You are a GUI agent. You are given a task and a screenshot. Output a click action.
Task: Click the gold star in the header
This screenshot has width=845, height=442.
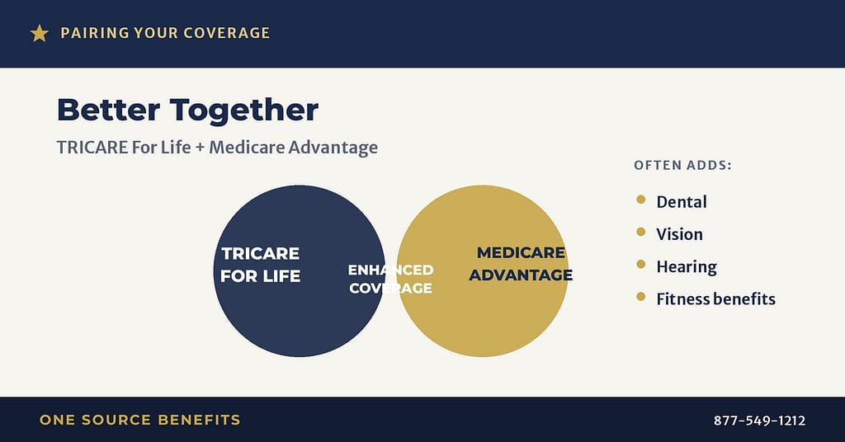[40, 33]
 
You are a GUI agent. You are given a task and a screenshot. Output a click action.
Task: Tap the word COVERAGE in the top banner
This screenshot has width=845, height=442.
[226, 33]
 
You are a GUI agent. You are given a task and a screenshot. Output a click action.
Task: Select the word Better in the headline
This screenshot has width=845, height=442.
[108, 110]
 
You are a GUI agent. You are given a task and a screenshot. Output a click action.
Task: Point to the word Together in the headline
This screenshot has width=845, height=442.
[244, 110]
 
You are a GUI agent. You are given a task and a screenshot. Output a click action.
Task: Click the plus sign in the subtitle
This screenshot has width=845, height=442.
[200, 148]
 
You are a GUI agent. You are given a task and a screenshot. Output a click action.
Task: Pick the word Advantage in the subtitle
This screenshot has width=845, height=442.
[333, 148]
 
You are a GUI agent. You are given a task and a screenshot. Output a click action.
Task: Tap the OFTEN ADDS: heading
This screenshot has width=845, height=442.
[682, 165]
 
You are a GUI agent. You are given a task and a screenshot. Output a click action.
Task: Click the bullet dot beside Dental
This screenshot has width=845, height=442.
[640, 200]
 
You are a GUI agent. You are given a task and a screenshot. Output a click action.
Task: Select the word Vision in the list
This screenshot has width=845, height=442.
[679, 234]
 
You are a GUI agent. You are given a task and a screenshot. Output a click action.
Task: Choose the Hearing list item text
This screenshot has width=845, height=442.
[686, 267]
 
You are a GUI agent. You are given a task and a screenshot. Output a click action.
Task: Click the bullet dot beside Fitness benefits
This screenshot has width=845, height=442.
[640, 297]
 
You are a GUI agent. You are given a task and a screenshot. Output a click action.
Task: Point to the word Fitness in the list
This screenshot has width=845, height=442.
[680, 299]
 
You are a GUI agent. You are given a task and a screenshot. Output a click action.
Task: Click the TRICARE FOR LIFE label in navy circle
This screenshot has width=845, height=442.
[260, 265]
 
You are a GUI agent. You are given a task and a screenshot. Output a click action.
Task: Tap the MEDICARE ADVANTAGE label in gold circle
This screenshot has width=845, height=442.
[521, 263]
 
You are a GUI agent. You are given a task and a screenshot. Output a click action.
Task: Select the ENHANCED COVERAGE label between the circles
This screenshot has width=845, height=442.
[390, 279]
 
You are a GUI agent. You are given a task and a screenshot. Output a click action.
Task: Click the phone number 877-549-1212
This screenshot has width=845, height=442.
[759, 421]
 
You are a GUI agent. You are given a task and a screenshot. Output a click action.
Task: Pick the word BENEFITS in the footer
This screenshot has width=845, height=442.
[200, 420]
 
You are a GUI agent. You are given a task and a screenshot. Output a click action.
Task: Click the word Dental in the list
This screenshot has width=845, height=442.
[681, 202]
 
